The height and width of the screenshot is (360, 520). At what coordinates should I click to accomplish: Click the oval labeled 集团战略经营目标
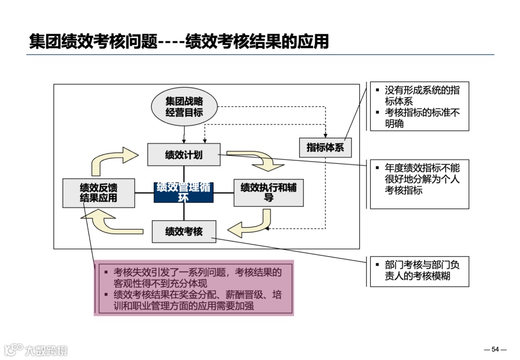184,107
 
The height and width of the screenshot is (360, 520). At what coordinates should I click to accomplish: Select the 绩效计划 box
184,154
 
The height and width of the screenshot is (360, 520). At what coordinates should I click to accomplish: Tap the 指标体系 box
325,147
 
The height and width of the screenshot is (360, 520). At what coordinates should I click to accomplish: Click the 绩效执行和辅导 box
269,193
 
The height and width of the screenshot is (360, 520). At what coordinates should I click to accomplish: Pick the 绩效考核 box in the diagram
184,231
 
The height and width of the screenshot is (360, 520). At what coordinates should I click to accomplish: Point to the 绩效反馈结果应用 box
98,193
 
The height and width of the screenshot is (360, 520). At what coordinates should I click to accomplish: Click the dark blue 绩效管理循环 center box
183,193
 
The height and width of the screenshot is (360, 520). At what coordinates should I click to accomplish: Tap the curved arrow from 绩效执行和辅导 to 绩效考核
250,226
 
